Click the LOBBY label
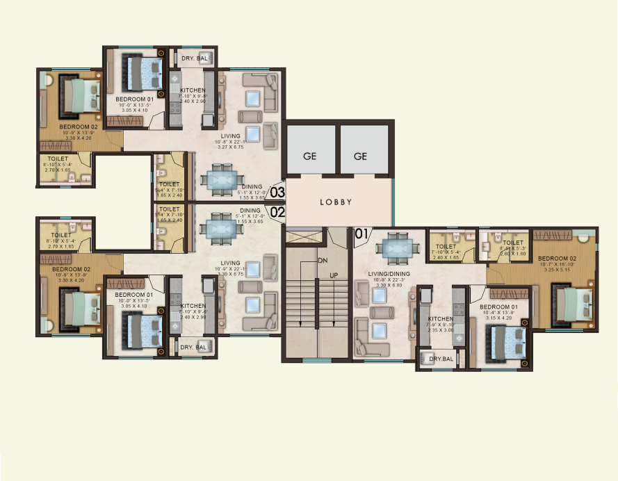click(x=335, y=202)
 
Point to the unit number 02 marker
click(x=277, y=212)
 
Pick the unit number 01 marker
click(x=361, y=234)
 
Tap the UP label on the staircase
click(x=333, y=275)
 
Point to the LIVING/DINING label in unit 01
click(x=391, y=275)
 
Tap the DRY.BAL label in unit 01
click(x=441, y=359)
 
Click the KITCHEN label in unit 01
click(x=440, y=319)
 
